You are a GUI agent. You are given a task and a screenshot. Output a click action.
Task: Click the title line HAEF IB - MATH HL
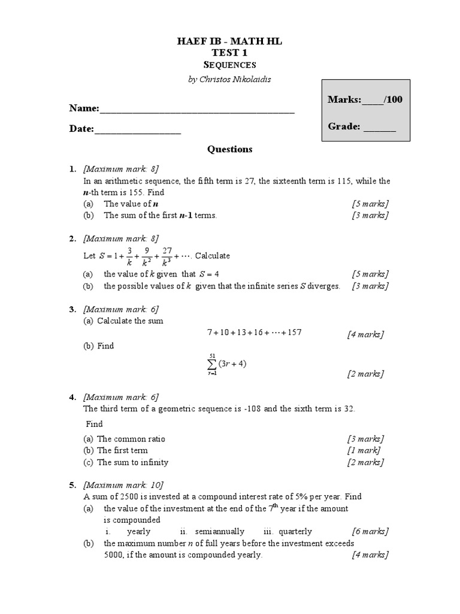coord(229,41)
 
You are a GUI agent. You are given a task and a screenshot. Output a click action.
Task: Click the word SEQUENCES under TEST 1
coord(229,65)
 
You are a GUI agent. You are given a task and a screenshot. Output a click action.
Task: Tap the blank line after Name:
coord(197,109)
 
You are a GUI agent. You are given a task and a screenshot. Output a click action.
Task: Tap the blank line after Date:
coord(138,130)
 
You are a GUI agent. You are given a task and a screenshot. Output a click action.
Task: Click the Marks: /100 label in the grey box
coord(365,100)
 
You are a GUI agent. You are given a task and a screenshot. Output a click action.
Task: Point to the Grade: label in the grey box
coord(361,127)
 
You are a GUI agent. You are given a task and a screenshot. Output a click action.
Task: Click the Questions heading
coord(229,149)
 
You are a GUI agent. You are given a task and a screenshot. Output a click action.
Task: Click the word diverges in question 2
coord(324,286)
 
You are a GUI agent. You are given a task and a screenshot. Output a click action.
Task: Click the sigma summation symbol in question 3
coord(211,365)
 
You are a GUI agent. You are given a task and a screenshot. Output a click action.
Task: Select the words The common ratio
coord(131,439)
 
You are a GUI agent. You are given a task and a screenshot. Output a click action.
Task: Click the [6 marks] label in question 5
coord(370,531)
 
